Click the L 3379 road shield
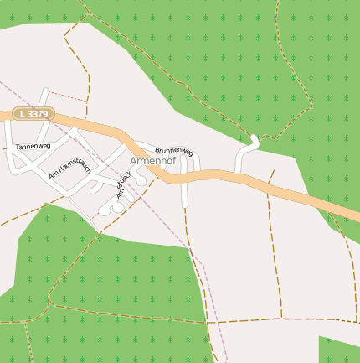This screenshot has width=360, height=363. [35, 113]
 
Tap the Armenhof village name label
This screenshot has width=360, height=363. [152, 161]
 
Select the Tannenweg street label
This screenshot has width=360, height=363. [33, 147]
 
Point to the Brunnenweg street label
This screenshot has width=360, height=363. [174, 151]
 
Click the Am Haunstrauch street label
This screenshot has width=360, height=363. [70, 167]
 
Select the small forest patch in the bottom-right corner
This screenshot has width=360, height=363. [338, 350]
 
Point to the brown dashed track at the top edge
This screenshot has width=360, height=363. [83, 4]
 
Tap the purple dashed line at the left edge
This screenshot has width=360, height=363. [3, 85]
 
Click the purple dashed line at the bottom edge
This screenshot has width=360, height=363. [225, 358]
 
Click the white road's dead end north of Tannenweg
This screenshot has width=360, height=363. [44, 91]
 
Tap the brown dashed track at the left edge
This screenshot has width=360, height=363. [4, 224]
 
